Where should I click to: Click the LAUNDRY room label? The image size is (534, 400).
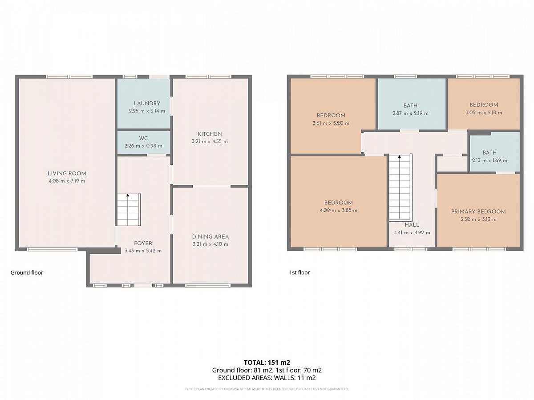point(147,104)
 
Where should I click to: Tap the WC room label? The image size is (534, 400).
point(143,138)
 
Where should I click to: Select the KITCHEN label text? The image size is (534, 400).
point(210,134)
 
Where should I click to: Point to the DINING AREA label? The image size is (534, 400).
point(210,237)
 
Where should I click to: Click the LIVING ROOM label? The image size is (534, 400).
point(67,174)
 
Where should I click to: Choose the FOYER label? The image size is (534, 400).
point(143,244)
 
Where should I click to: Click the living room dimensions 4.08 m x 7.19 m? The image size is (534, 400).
point(67,181)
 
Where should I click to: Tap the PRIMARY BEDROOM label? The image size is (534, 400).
point(478,212)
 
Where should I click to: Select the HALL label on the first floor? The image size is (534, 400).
point(412,225)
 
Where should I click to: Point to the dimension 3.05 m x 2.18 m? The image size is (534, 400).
point(484,113)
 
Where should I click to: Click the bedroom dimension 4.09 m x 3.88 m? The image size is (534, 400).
point(339,211)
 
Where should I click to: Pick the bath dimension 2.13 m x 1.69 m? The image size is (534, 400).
point(490,160)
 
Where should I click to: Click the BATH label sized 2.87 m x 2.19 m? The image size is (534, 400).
point(410,106)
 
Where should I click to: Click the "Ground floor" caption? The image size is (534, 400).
point(27,273)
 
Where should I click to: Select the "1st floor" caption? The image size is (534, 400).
point(299,272)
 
